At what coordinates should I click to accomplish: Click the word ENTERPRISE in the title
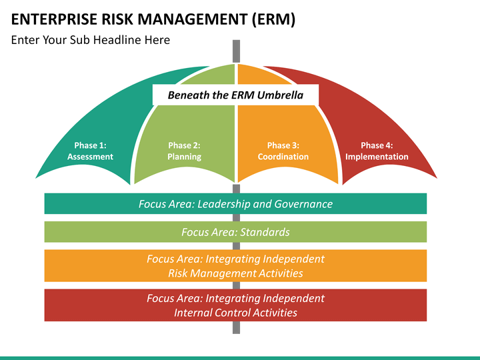[54, 19]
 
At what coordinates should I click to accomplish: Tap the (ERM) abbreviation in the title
[274, 19]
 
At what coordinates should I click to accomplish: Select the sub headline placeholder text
[90, 40]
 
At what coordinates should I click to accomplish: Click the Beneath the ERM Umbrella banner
[235, 95]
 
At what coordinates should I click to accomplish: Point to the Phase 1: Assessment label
[90, 151]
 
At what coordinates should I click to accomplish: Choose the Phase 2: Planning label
[184, 151]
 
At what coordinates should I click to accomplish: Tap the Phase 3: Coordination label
[283, 151]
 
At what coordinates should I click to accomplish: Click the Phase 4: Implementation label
[377, 151]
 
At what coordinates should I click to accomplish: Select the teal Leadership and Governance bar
[235, 203]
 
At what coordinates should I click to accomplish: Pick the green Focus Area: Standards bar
[235, 232]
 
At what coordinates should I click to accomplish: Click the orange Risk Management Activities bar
[235, 266]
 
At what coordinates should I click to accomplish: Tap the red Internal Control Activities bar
[235, 305]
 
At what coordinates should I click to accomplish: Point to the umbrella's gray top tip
[236, 41]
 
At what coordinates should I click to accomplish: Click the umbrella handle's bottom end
[236, 333]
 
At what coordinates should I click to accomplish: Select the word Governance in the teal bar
[303, 204]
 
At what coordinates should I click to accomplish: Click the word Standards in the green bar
[265, 232]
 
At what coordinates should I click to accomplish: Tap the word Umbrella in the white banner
[280, 95]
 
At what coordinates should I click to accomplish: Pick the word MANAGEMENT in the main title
[192, 19]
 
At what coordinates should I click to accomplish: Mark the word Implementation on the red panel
[377, 157]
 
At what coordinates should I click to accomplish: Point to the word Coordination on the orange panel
[283, 157]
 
